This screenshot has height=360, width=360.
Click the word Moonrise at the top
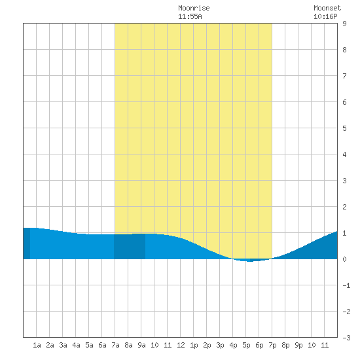coord(194,8)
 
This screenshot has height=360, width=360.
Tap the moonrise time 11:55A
coord(190,16)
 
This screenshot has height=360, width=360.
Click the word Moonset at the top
coord(327,8)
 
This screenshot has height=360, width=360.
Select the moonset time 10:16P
coord(325,16)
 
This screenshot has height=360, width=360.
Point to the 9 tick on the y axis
coord(344,24)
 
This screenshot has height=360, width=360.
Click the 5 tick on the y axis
coord(344,128)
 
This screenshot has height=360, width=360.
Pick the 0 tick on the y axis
coord(344,259)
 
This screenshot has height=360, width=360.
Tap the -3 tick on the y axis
coord(346,338)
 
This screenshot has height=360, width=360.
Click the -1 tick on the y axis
coord(346,285)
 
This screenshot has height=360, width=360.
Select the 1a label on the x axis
coord(37,345)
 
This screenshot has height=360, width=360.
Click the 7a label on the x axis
coord(115,345)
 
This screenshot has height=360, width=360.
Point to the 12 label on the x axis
coord(181,345)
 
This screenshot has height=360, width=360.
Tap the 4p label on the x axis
coord(233,345)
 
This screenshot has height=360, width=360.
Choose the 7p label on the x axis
coord(272,345)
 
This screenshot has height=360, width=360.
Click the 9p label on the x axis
coord(298,345)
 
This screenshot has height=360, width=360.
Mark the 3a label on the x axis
coord(63,345)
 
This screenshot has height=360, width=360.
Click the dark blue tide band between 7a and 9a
coord(130,246)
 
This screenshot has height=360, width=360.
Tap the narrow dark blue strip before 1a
coord(27,243)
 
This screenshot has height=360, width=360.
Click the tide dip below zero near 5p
coord(250,261)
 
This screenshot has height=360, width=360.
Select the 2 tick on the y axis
coord(344,207)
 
